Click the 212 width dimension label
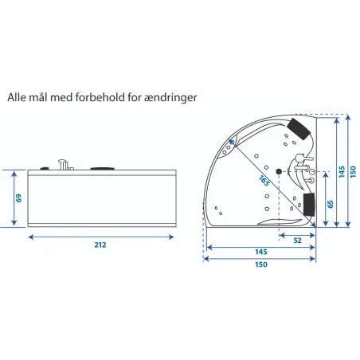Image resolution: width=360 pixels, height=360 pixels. coord(100,245)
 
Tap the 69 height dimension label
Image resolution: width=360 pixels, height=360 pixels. coord(18,198)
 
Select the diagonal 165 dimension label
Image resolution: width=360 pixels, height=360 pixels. coord(264,181)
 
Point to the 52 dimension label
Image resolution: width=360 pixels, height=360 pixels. coord(297,241)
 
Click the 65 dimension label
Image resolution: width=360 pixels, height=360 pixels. coord(331,204)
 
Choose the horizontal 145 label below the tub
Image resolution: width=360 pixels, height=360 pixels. coord(261,252)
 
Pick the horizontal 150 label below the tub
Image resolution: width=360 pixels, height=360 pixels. coord(261,264)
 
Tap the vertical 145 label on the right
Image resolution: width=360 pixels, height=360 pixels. coord(342,172)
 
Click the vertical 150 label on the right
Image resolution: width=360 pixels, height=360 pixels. coord(353,172)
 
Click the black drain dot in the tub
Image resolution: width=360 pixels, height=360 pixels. coord(279,171)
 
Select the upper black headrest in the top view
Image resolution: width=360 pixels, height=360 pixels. coord(299,128)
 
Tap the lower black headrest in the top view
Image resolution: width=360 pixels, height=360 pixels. coord(309,204)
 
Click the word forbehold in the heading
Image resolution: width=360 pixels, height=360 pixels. coord(100,97)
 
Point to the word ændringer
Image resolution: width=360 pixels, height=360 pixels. coord(170,98)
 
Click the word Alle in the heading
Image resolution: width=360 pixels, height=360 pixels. coord(17,97)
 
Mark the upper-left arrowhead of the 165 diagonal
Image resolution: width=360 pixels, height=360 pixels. coord(232,142)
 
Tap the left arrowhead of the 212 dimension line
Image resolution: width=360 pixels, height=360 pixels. coord(31,237)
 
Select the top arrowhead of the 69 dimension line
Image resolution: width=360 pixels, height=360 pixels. coord(14,174)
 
